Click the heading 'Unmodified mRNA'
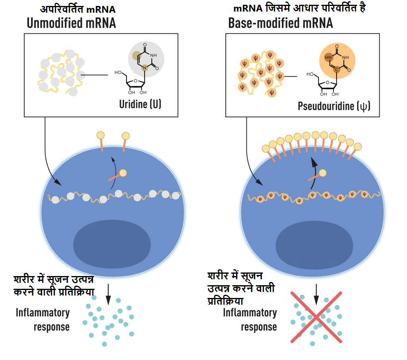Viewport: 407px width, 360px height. click(x=71, y=23)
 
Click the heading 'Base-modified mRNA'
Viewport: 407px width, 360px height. click(x=280, y=23)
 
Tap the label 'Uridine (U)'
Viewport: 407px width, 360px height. click(x=140, y=104)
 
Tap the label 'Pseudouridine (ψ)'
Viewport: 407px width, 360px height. click(x=334, y=106)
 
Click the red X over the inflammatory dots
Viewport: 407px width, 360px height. click(x=316, y=317)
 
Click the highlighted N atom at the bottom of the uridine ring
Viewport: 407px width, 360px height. click(x=145, y=69)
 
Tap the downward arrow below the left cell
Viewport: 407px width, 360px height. click(x=108, y=294)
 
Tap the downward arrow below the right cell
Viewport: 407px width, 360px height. click(x=316, y=294)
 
